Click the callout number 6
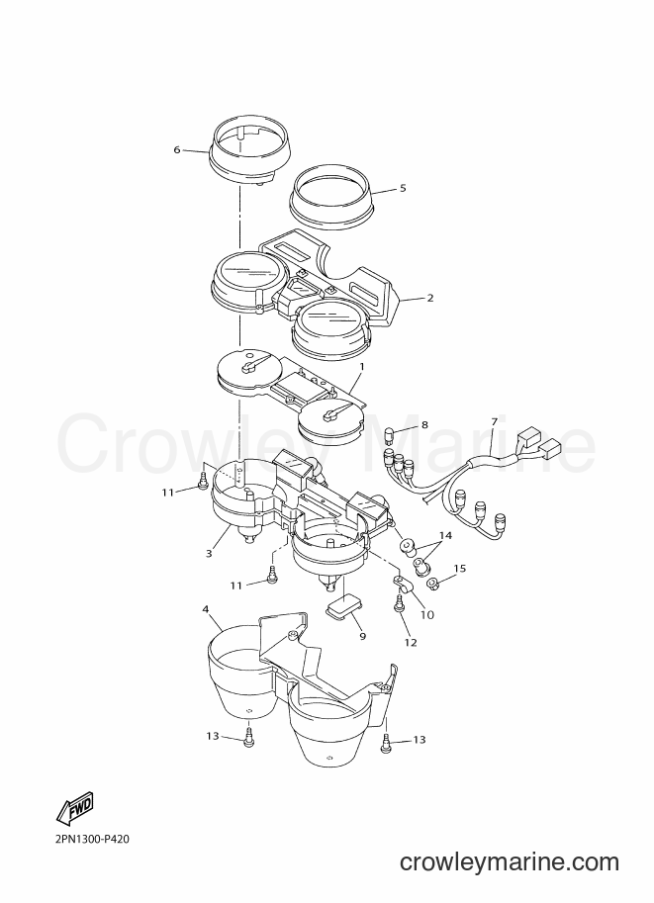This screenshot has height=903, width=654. click(x=177, y=149)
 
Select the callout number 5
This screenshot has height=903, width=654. click(x=403, y=188)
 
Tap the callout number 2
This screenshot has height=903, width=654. click(x=429, y=299)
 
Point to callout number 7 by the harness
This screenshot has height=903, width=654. click(x=494, y=421)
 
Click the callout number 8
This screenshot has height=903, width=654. click(x=424, y=425)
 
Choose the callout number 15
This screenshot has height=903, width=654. click(x=459, y=569)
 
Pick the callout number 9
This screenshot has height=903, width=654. click(x=362, y=636)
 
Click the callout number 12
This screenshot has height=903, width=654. click(x=411, y=643)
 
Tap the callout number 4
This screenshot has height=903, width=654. click(x=206, y=608)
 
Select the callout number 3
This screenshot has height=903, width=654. click(x=209, y=553)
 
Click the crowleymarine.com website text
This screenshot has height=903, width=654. click(x=510, y=862)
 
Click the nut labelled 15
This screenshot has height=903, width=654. click(x=433, y=586)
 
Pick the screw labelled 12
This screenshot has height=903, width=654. click(x=398, y=605)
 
